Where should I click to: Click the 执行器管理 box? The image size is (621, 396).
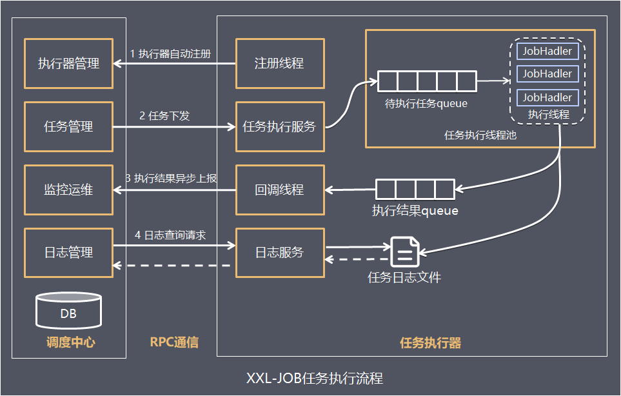[x=68, y=63]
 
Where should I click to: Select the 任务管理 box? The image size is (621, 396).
[x=68, y=126]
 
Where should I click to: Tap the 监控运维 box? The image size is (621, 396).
[x=68, y=190]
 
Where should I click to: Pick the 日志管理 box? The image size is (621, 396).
[x=68, y=253]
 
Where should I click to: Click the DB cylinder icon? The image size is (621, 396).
[x=68, y=311]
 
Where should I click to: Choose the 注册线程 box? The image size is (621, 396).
[x=280, y=63]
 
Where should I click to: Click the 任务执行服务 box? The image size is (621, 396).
[x=280, y=126]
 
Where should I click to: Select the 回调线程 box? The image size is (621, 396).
[x=280, y=190]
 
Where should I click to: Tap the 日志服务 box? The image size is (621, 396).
[x=280, y=253]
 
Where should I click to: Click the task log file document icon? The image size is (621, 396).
[x=404, y=252]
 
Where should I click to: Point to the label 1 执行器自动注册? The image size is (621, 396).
[x=170, y=54]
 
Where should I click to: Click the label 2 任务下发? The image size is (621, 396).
[x=164, y=115]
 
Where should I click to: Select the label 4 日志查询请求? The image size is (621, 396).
[x=170, y=235]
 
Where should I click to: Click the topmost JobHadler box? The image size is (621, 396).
[x=547, y=51]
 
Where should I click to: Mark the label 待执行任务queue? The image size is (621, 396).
[x=426, y=104]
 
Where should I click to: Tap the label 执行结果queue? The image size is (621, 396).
[x=415, y=211]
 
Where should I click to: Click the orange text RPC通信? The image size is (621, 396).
[x=174, y=342]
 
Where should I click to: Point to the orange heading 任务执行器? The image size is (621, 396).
[x=431, y=342]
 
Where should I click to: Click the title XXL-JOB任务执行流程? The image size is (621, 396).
[x=315, y=378]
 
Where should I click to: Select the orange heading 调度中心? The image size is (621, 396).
[x=71, y=342]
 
